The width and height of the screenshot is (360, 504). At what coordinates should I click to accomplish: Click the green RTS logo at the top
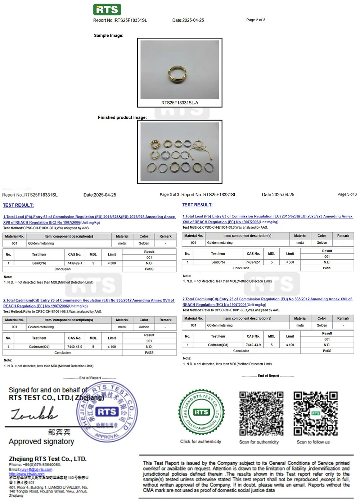[107, 9]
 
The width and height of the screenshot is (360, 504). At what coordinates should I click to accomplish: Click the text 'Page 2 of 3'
[256, 20]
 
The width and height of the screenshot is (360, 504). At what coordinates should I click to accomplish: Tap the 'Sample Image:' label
[108, 35]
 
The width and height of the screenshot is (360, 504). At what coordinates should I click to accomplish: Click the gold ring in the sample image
[179, 75]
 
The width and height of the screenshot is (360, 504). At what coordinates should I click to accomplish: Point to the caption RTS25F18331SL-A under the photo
[180, 103]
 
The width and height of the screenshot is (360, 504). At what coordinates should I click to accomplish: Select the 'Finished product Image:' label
[122, 117]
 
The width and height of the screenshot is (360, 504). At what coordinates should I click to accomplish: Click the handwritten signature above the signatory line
[34, 414]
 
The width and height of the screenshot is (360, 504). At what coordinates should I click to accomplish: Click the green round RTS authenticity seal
[201, 412]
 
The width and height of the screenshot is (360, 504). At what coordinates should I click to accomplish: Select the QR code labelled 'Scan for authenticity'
[261, 414]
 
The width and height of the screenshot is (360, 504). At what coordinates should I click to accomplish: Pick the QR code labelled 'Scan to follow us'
[316, 414]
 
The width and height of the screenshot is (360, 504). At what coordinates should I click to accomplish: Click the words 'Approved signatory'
[41, 442]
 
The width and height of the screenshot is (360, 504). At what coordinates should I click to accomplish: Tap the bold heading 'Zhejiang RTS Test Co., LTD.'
[48, 459]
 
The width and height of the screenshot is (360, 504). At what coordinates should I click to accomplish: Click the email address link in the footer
[36, 469]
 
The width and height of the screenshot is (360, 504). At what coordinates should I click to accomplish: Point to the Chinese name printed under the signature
[59, 432]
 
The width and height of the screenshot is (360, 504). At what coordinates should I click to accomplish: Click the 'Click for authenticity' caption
[201, 442]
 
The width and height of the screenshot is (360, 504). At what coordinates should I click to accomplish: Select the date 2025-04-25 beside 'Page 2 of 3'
[188, 20]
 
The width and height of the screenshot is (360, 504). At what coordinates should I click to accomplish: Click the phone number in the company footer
[42, 465]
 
